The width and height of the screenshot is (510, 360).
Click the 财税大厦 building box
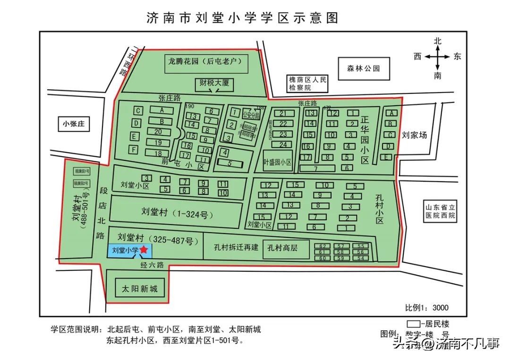[x=214, y=84]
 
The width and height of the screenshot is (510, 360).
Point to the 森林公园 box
[x=364, y=68]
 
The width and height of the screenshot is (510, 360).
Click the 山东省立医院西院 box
[x=439, y=211]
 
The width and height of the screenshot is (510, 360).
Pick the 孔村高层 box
[x=286, y=248]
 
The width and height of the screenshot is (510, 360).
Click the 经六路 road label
[x=152, y=265]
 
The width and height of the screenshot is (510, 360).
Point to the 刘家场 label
[x=414, y=135]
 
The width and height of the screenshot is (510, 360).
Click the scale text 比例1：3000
[x=426, y=308]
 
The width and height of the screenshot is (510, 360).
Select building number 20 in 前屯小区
[x=158, y=132]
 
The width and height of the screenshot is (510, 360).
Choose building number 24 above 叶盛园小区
[x=283, y=145]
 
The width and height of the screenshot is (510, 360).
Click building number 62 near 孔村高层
[x=323, y=246]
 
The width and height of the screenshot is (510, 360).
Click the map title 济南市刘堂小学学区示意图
[x=243, y=18]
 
